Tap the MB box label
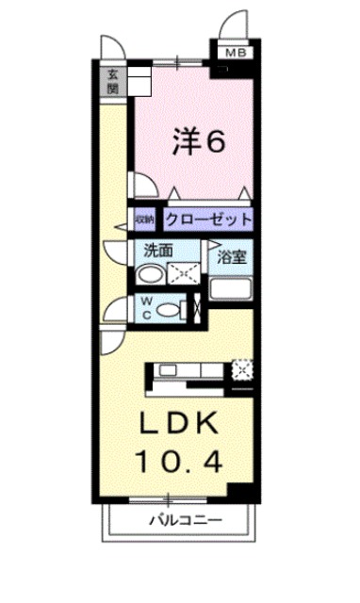tap(232, 54)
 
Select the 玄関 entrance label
tap(112, 83)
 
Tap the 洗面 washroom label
tap(157, 252)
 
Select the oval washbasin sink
tap(148, 275)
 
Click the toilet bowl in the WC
tap(170, 309)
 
